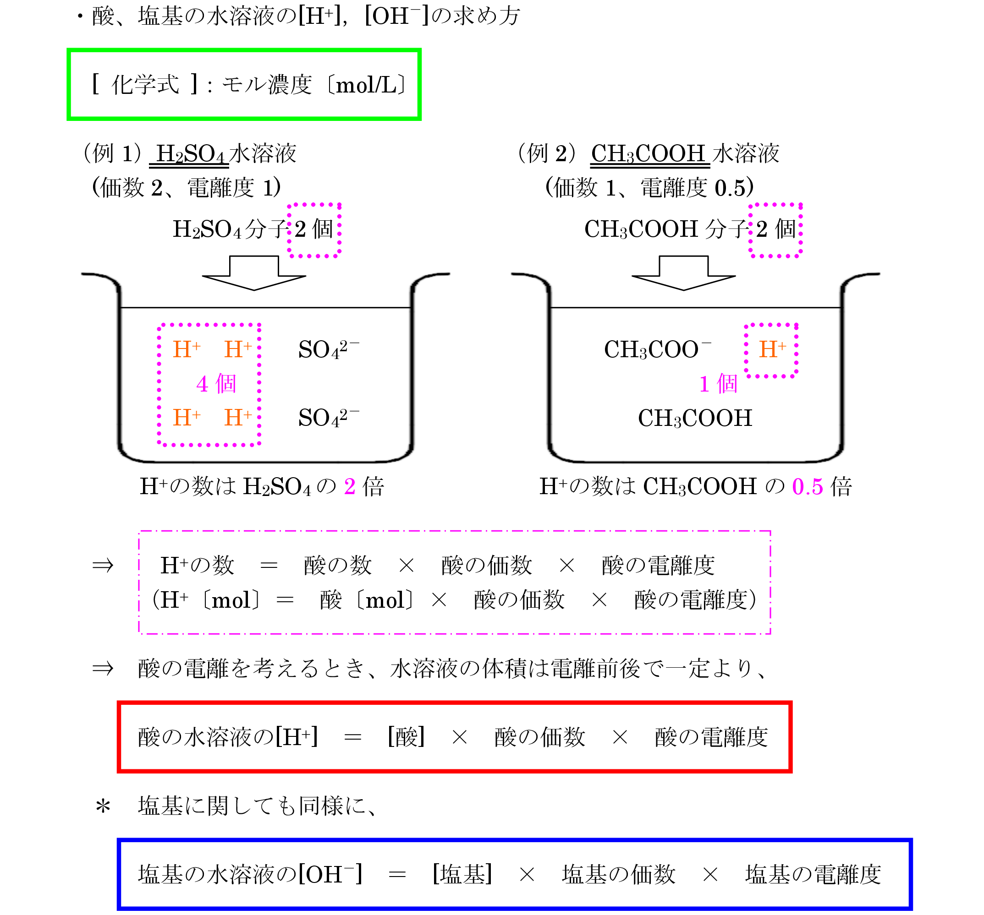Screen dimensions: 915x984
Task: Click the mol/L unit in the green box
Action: click(x=367, y=86)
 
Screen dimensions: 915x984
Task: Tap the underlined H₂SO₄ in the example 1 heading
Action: click(x=190, y=154)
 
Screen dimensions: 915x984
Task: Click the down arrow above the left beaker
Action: click(x=254, y=273)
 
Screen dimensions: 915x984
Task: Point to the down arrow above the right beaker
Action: click(x=683, y=273)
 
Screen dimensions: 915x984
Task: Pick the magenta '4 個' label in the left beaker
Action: click(x=216, y=384)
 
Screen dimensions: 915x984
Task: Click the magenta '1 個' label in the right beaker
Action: click(x=718, y=384)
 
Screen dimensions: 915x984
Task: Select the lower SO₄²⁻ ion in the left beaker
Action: click(x=328, y=418)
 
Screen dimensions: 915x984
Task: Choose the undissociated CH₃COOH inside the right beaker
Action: click(x=695, y=419)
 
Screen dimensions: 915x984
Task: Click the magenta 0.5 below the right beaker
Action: click(x=807, y=487)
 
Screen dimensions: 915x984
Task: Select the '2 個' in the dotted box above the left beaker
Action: click(x=314, y=229)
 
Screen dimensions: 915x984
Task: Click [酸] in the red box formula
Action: click(x=407, y=737)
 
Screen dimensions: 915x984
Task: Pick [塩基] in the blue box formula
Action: click(x=462, y=874)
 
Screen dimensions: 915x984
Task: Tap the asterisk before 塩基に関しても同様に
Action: click(x=103, y=808)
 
